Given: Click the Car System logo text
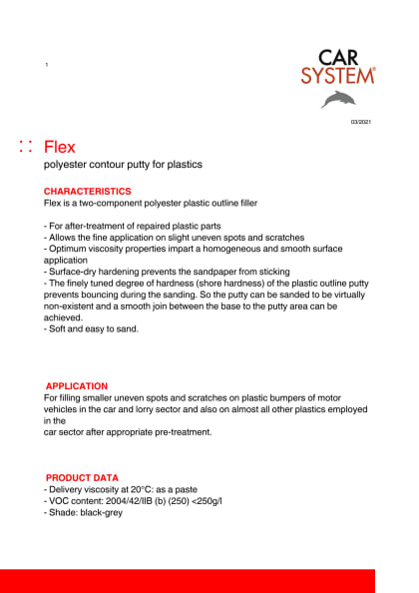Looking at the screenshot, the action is coord(337,67).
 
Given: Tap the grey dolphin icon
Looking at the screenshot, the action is coord(338,98).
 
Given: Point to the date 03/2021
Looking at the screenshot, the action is coord(359,122).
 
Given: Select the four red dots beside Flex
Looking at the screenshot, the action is coord(26,147).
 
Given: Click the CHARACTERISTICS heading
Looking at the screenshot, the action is coord(87,191).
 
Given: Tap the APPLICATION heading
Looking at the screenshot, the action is coord(77,385).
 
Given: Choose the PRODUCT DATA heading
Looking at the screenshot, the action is coord(82,478).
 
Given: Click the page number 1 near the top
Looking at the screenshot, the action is coord(46,65).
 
